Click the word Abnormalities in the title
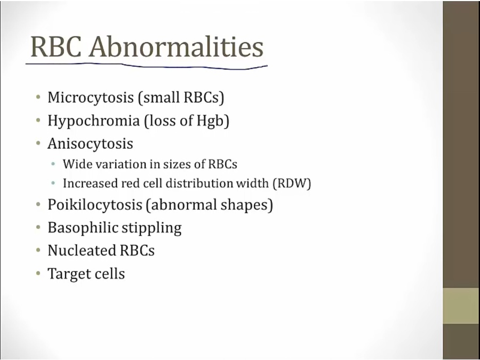coord(176,46)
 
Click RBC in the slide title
coord(56,47)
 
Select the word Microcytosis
coord(91,98)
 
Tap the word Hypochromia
coord(93,121)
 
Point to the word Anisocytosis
coord(90,143)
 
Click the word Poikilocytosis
coord(95,205)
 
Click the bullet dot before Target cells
coord(38,273)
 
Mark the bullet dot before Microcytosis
coord(38,98)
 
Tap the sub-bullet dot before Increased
coord(53,183)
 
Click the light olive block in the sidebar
coord(461,306)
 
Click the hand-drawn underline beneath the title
coord(146,66)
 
